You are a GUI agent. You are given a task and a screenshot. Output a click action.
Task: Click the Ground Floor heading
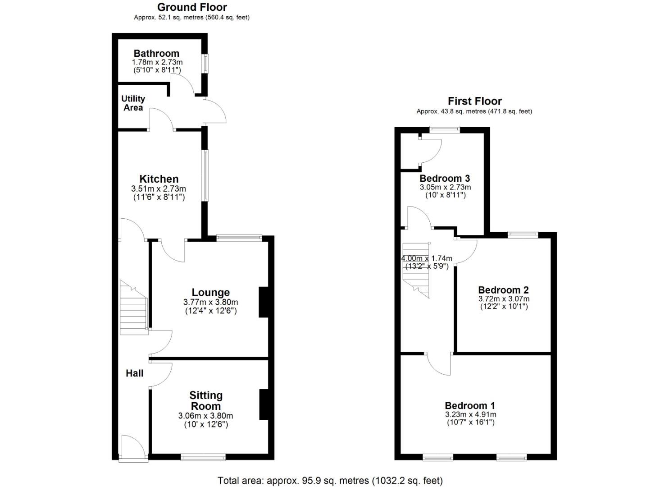point(192,7)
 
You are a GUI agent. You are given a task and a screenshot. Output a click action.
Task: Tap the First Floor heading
point(474,101)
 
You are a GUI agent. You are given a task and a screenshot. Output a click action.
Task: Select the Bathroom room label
point(156,54)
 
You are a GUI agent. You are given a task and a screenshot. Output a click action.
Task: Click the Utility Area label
point(133,103)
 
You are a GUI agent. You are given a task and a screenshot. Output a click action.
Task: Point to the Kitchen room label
point(159,179)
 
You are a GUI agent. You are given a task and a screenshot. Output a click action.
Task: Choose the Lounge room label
point(210,293)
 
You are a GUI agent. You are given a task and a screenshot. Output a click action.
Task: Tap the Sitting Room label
point(206,400)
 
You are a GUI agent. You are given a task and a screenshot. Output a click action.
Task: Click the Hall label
point(134,373)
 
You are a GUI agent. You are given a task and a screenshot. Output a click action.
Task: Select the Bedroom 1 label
point(470,405)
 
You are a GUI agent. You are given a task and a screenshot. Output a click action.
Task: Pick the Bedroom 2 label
point(503,290)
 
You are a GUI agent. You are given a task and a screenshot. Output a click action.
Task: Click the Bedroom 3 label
point(445,179)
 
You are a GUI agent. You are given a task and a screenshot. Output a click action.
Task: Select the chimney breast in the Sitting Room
point(264,404)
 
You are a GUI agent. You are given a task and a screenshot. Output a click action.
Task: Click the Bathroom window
point(205,64)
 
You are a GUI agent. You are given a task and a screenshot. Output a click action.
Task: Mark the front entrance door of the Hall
point(133,449)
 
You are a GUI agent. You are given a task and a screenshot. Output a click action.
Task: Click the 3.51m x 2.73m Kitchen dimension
point(159,189)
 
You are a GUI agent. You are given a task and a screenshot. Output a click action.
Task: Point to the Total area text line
point(330,481)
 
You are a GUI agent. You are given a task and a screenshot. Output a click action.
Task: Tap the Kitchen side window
point(205,175)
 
